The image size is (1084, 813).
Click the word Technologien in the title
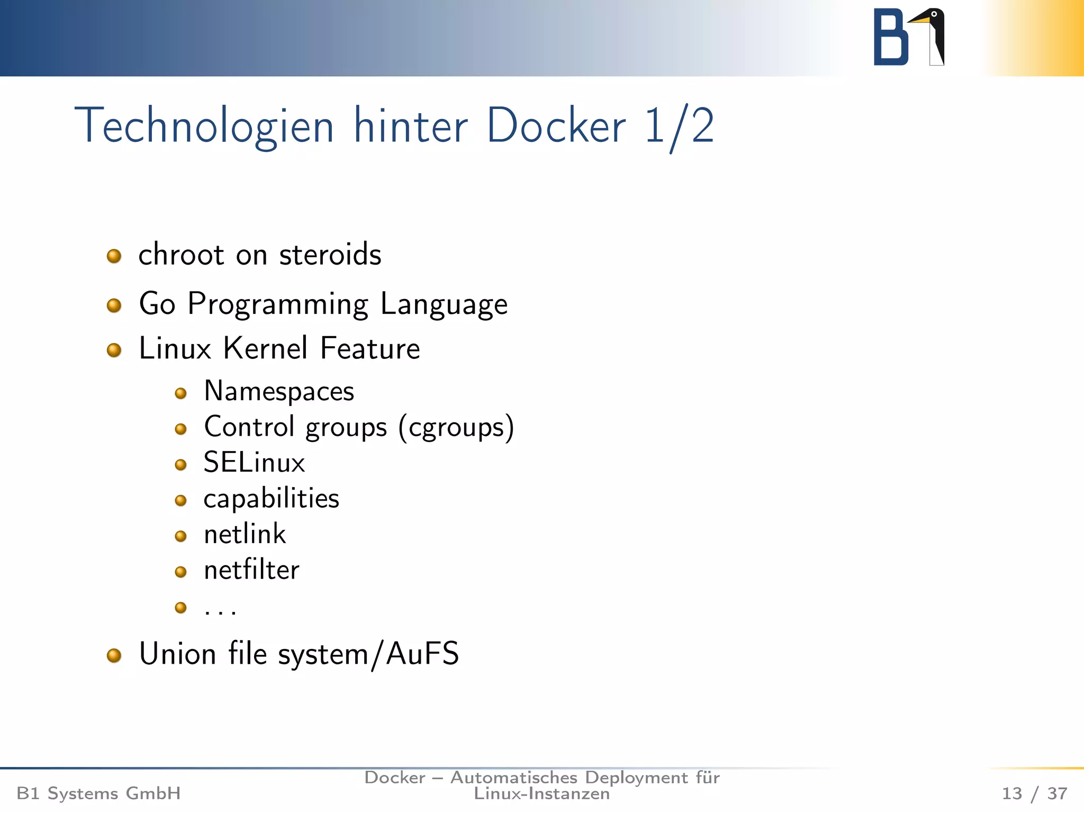(x=204, y=126)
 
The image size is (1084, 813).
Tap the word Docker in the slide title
(x=556, y=126)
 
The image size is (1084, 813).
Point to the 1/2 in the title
(x=679, y=127)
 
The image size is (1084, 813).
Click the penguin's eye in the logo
(x=934, y=14)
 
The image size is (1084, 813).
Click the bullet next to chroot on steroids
(x=114, y=256)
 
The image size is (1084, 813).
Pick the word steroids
(x=330, y=255)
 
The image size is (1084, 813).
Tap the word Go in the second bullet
(x=157, y=304)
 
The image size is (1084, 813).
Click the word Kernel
(x=265, y=348)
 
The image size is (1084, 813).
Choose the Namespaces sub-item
(x=279, y=392)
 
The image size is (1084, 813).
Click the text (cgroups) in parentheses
(x=456, y=428)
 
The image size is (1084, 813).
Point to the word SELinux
(x=254, y=463)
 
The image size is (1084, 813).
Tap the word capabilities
(x=271, y=499)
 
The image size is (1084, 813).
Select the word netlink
(x=245, y=534)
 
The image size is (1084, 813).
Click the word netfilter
(x=251, y=570)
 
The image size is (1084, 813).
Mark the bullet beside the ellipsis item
(x=180, y=607)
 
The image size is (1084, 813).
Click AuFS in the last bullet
(x=422, y=654)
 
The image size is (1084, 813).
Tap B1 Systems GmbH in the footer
(x=98, y=793)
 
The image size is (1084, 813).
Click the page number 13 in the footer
(x=1011, y=793)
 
